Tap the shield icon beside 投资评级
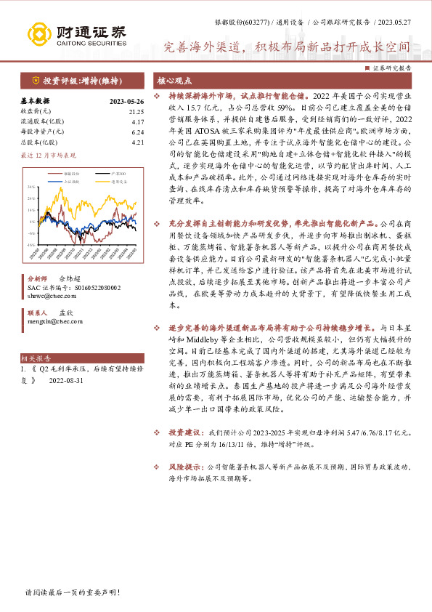coord(36,81)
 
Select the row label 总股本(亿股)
coord(38,142)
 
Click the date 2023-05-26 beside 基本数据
coord(126,101)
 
